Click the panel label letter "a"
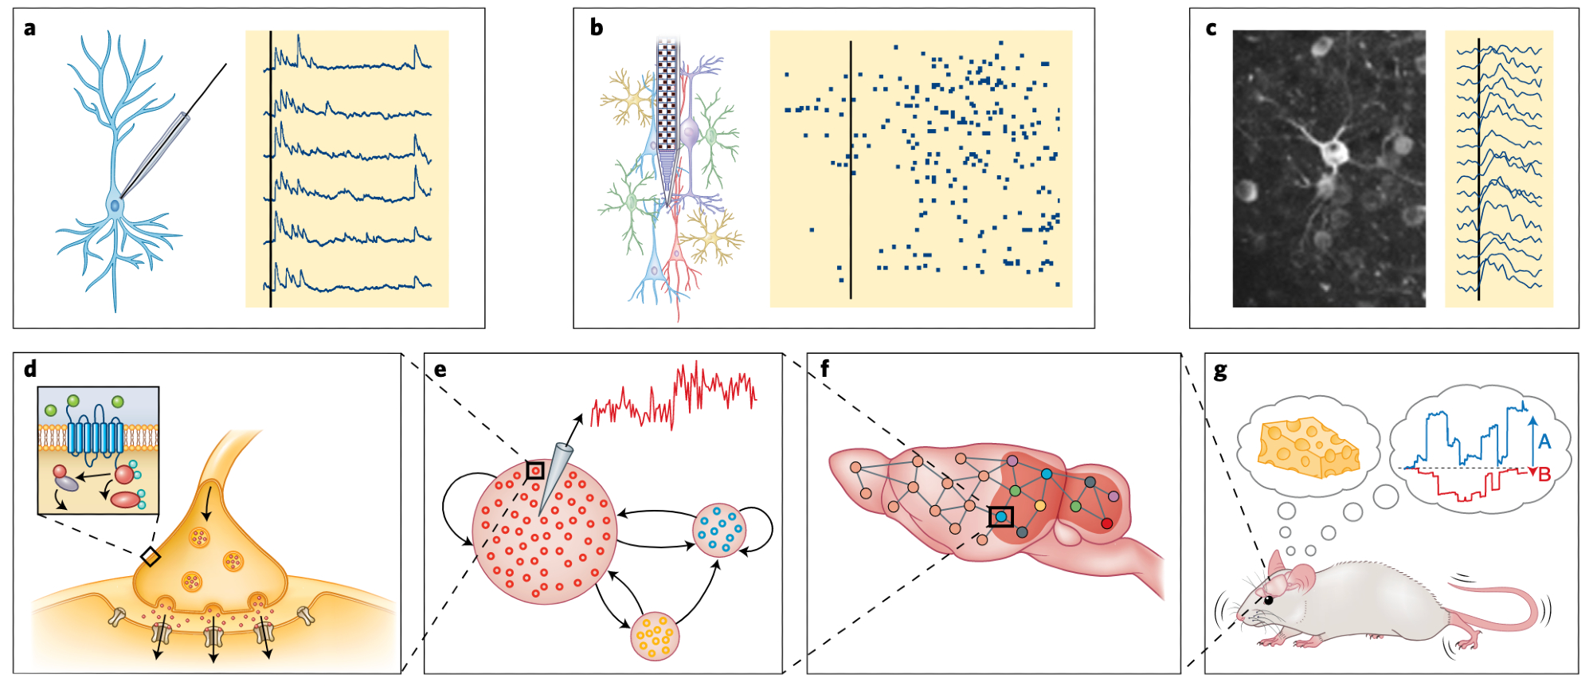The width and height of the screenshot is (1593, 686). (x=29, y=29)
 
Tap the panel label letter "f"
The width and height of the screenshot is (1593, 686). (x=824, y=369)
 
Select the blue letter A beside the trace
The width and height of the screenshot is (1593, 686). (x=1544, y=441)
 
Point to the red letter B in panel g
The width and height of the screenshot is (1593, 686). (x=1544, y=475)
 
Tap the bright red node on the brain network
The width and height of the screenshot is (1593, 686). (x=1106, y=523)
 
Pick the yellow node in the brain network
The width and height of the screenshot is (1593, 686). (x=1039, y=505)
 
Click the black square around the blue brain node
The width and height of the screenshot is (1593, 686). (x=1001, y=516)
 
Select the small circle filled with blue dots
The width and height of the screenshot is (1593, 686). (x=720, y=530)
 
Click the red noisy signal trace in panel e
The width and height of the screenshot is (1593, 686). (x=674, y=395)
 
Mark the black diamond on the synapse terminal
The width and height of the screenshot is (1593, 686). (x=150, y=556)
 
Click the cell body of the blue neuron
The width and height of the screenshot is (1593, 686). (x=115, y=206)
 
